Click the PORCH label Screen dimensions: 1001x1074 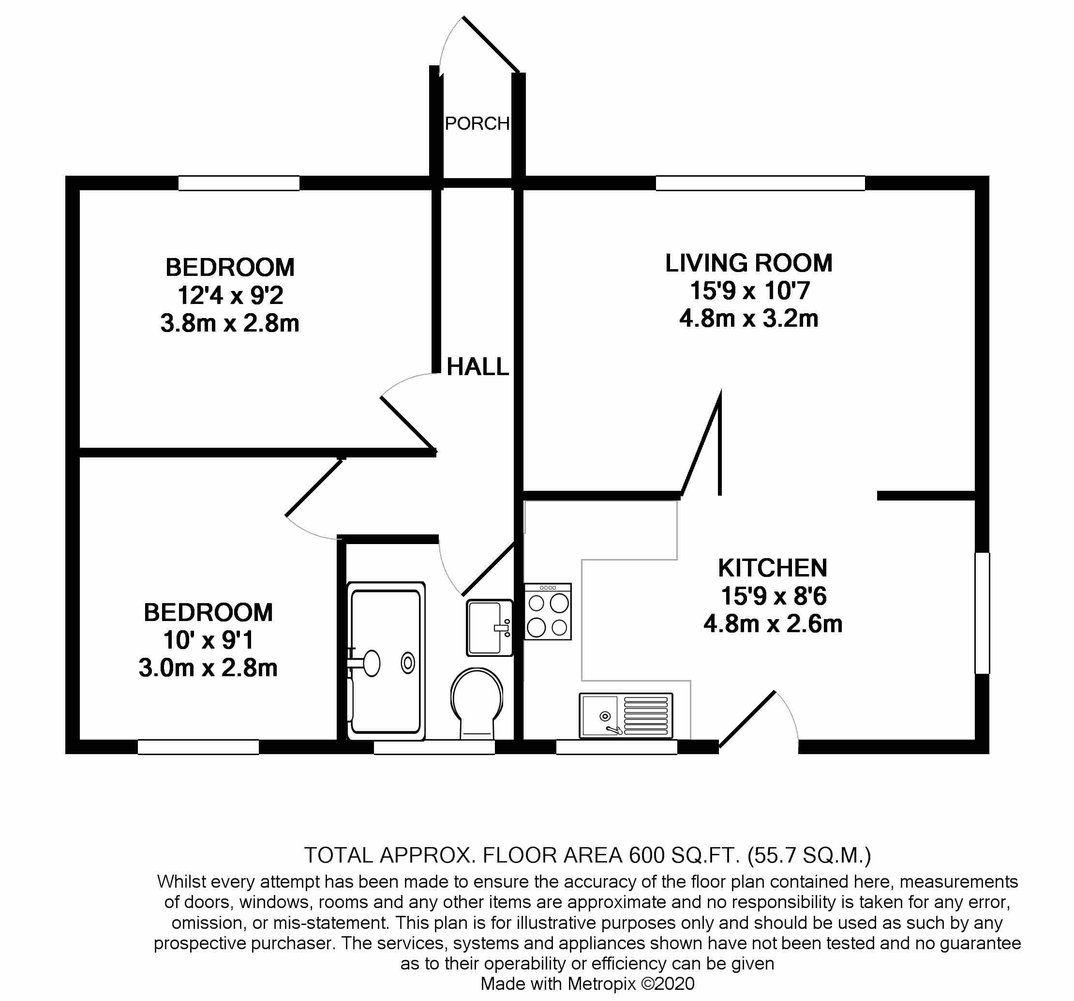pyautogui.click(x=477, y=124)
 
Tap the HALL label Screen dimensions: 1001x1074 pyautogui.click(x=477, y=367)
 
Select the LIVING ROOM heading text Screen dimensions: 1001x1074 pyautogui.click(x=748, y=263)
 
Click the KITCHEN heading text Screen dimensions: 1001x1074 pyautogui.click(x=773, y=568)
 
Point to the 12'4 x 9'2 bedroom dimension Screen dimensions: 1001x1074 pyautogui.click(x=230, y=296)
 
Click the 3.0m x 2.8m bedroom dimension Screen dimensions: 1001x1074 pyautogui.click(x=208, y=668)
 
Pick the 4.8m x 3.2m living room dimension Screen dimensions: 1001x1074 pyautogui.click(x=749, y=318)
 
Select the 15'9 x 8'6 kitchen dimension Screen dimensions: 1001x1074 pyautogui.click(x=773, y=596)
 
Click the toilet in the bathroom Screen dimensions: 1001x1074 pyautogui.click(x=477, y=702)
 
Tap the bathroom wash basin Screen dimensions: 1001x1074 pyautogui.click(x=489, y=627)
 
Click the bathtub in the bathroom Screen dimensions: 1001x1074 pyautogui.click(x=386, y=661)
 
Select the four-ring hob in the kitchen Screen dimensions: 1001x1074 pyautogui.click(x=547, y=612)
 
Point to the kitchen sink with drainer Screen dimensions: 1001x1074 pyautogui.click(x=626, y=715)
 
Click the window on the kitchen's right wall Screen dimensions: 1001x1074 pyautogui.click(x=982, y=612)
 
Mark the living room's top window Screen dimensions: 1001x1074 pyautogui.click(x=760, y=183)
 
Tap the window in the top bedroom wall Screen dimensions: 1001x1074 pyautogui.click(x=239, y=183)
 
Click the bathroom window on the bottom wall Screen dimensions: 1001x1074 pyautogui.click(x=434, y=747)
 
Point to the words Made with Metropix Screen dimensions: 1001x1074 pyautogui.click(x=559, y=984)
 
